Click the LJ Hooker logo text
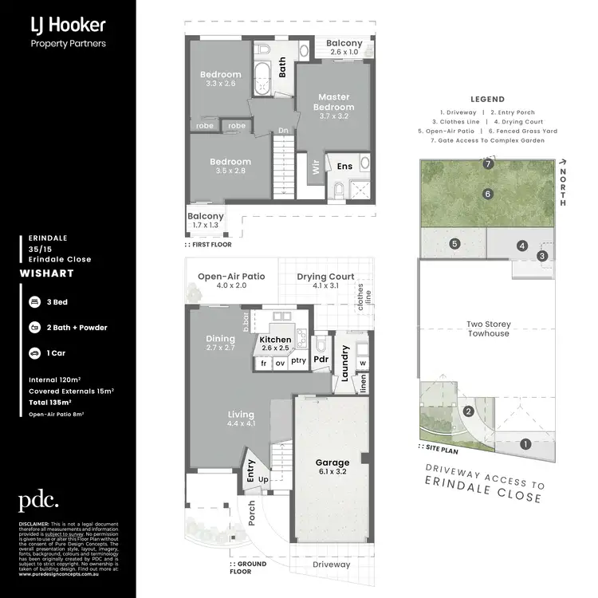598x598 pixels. [x=68, y=26]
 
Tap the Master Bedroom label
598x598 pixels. [x=333, y=102]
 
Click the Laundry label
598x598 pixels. [x=345, y=362]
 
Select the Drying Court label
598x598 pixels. [x=325, y=277]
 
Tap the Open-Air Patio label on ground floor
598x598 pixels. [x=231, y=277]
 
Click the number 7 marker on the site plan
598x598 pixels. [x=488, y=164]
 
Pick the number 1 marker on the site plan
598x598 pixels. [x=525, y=443]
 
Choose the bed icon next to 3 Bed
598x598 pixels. [x=35, y=303]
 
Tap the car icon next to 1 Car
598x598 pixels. [x=35, y=352]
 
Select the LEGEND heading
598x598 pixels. [x=487, y=100]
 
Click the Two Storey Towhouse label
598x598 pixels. [x=488, y=329]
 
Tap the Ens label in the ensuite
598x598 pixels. [x=344, y=166]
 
